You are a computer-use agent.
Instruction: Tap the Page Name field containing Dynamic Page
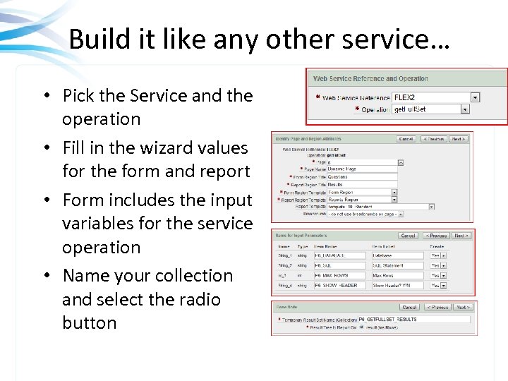(x=362, y=169)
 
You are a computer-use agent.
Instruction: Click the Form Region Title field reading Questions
(x=362, y=177)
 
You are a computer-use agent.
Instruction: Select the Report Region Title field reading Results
(x=362, y=184)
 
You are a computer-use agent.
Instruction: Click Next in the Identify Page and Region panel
(x=459, y=139)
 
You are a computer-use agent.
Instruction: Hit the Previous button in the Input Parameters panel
(x=437, y=236)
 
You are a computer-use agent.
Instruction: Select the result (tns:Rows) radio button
(x=361, y=327)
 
